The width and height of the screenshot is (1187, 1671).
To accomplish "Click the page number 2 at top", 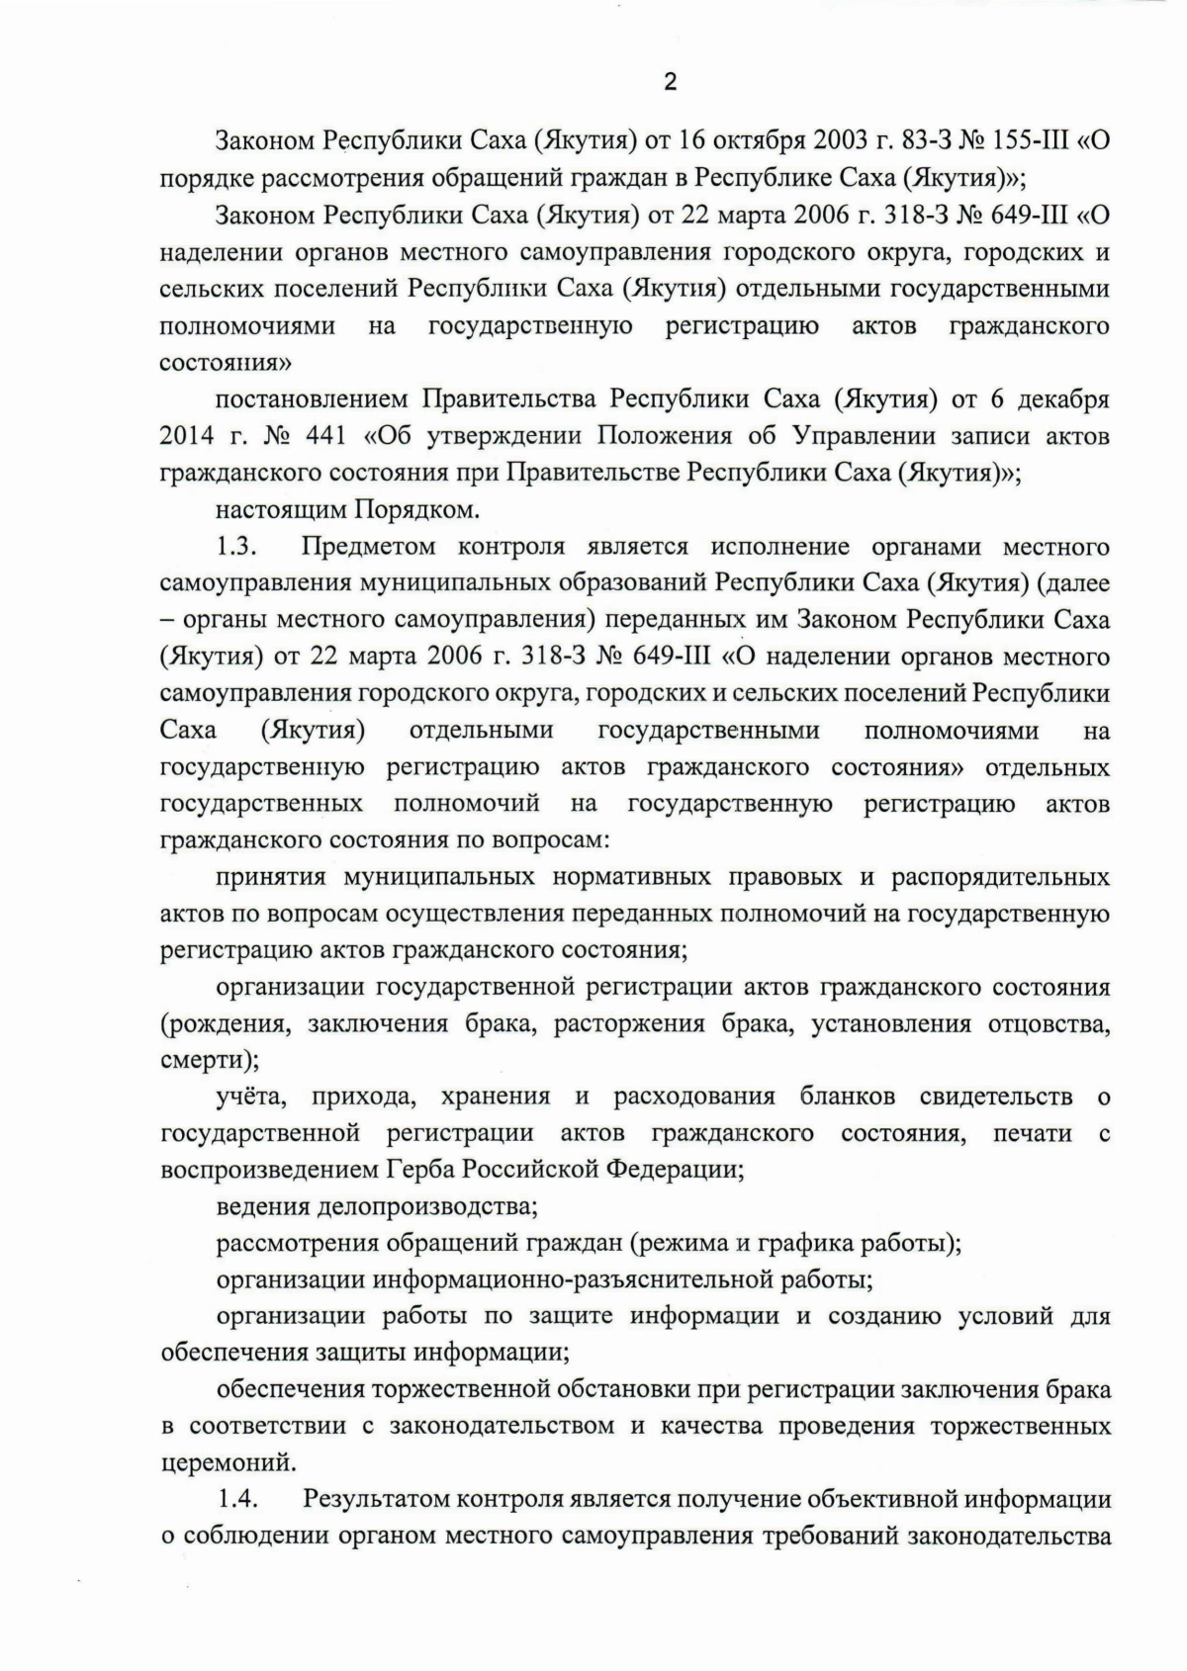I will pyautogui.click(x=670, y=83).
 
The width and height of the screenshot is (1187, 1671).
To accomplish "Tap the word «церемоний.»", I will pyautogui.click(x=228, y=1463).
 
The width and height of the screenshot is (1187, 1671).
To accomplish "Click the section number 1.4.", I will pyautogui.click(x=237, y=1500).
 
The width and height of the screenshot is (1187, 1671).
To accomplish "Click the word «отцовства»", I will pyautogui.click(x=1048, y=1023).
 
